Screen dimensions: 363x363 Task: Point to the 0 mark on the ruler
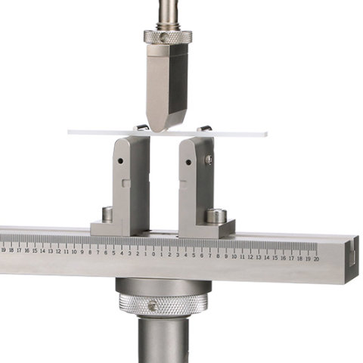(153, 254)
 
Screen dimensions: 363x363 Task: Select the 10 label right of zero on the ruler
(234, 256)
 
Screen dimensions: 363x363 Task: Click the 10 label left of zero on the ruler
(74, 252)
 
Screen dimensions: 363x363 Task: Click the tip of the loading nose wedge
(161, 129)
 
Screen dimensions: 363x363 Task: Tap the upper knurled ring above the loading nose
(167, 36)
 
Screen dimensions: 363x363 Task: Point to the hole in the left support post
(119, 161)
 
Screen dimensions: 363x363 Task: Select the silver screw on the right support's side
(209, 160)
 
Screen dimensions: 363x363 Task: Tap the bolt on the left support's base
(107, 214)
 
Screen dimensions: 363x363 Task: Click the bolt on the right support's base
(216, 215)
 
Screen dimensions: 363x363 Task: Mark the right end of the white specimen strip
(265, 135)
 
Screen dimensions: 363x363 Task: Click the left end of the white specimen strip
(70, 132)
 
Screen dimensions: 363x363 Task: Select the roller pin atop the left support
(141, 128)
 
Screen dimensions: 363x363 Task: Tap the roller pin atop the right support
(204, 129)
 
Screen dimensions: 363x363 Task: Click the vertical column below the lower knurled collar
(163, 340)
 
